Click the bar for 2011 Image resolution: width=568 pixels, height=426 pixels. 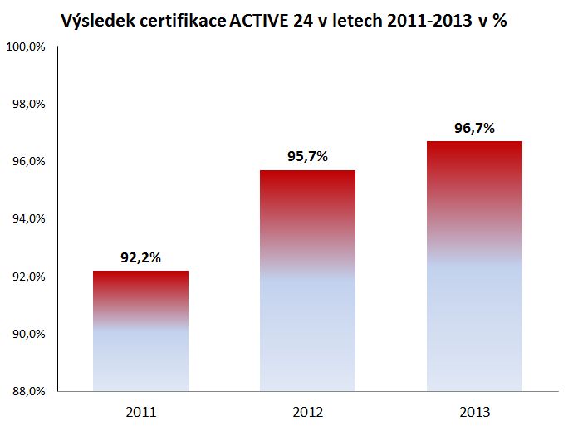pos(140,331)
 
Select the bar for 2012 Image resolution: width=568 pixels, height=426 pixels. pos(307,281)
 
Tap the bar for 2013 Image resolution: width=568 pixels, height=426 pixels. pos(474,266)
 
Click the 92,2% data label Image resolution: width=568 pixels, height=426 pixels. pos(140,257)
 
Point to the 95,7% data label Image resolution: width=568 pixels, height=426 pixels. pos(307,157)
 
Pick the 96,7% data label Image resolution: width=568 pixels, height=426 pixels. pos(474,128)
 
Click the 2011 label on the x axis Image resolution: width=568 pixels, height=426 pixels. pos(140,411)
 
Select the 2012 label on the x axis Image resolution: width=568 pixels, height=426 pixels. pos(307,411)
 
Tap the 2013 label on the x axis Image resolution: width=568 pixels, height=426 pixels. pos(474,411)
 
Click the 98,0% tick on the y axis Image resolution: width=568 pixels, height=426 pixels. pos(27,104)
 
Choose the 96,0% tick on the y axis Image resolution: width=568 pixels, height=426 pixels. pos(27,161)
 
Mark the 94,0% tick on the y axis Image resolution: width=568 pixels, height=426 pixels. pos(27,219)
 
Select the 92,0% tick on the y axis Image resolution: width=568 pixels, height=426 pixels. pos(27,277)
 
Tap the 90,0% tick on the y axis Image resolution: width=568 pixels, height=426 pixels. pos(27,334)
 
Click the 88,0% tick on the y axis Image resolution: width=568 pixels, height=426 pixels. pos(27,391)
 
